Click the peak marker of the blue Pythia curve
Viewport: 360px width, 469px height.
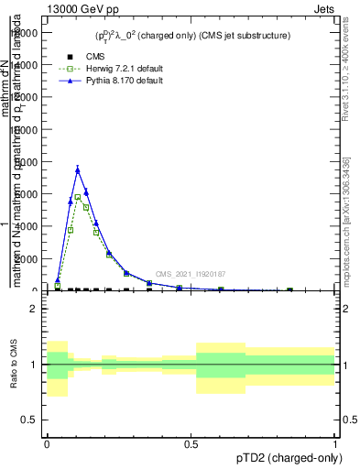(x=78, y=169)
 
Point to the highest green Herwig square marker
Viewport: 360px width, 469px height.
(x=78, y=197)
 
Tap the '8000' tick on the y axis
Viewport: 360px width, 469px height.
(x=28, y=162)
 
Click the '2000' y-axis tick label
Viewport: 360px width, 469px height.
(x=28, y=259)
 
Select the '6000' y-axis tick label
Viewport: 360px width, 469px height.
(x=28, y=194)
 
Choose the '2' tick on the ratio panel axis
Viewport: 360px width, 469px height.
(x=35, y=309)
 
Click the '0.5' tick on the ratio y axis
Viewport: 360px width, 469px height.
(x=31, y=420)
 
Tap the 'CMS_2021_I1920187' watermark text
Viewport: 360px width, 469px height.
(x=190, y=274)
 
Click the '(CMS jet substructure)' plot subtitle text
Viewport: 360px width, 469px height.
(x=241, y=36)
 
